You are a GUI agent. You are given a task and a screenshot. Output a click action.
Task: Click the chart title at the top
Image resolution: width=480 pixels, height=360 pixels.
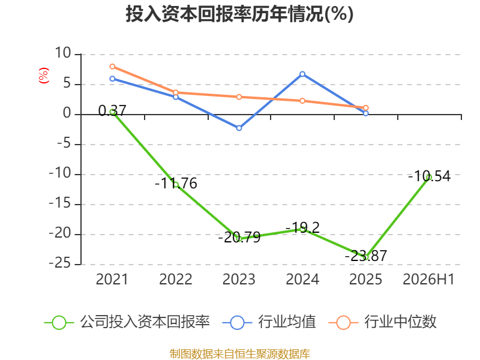[x=239, y=14]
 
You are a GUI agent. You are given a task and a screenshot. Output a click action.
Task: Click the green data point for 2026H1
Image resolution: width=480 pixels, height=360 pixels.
[x=429, y=177]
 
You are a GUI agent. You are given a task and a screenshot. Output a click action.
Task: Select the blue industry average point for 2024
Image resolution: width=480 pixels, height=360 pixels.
[x=302, y=74]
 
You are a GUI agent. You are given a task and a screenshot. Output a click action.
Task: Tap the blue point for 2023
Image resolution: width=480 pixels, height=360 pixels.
[x=239, y=128]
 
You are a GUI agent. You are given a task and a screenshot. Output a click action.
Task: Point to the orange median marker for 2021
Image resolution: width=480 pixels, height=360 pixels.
[x=112, y=67]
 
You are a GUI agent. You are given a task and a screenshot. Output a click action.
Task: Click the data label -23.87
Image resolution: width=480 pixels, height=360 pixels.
[x=366, y=256]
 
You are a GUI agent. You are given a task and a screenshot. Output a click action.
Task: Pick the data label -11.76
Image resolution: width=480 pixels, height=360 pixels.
[x=176, y=184]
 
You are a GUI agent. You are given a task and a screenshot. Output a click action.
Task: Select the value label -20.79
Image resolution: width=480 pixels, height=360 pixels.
[x=239, y=237]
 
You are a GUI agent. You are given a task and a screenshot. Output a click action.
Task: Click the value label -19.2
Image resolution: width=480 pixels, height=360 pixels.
[x=302, y=227]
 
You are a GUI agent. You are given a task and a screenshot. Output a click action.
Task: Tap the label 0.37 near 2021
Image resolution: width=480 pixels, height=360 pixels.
[x=112, y=110]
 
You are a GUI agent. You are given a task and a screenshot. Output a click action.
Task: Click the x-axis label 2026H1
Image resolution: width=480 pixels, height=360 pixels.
[x=428, y=279]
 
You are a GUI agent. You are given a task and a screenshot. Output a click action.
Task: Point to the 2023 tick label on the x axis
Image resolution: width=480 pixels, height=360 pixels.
[x=239, y=279]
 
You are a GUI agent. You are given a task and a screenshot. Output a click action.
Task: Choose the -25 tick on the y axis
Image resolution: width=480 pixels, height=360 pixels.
[x=60, y=263]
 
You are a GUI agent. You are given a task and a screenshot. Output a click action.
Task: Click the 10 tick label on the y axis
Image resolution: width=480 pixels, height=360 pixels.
[x=63, y=53]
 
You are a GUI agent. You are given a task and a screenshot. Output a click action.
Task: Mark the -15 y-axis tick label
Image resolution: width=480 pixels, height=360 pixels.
[x=60, y=203]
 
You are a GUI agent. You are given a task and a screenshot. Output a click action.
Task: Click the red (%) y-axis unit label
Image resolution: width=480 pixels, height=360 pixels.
[x=43, y=76]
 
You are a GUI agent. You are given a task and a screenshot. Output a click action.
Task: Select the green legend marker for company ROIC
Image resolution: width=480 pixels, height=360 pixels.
[x=59, y=323]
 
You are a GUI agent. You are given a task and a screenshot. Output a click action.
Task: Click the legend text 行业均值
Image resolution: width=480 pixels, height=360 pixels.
[x=287, y=322]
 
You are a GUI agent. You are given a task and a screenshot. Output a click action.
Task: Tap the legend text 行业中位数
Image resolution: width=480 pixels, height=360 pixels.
[x=400, y=322]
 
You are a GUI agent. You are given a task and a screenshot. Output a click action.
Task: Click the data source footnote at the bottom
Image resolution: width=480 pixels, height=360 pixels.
[x=240, y=354]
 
